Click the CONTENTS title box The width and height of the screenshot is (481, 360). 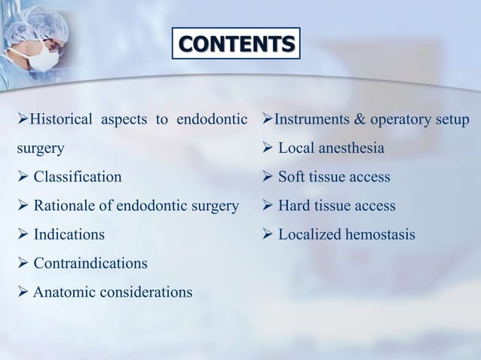[236, 44]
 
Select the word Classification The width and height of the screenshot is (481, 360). [77, 177]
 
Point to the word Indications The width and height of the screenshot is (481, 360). [69, 234]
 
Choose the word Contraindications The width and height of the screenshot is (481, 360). [90, 263]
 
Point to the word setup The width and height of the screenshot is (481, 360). [451, 121]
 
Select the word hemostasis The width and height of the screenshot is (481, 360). [379, 234]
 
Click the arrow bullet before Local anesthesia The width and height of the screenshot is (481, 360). [267, 148]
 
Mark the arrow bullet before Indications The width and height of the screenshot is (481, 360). [23, 234]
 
